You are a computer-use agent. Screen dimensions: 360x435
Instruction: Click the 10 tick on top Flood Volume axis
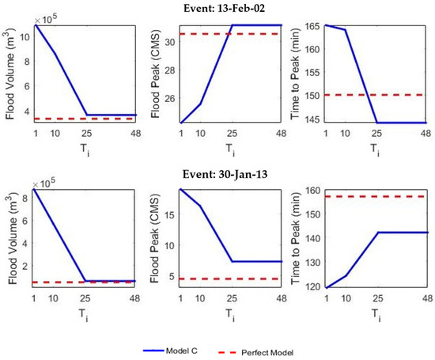(x=26, y=39)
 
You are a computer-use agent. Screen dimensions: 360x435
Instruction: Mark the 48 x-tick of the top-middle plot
(x=281, y=134)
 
